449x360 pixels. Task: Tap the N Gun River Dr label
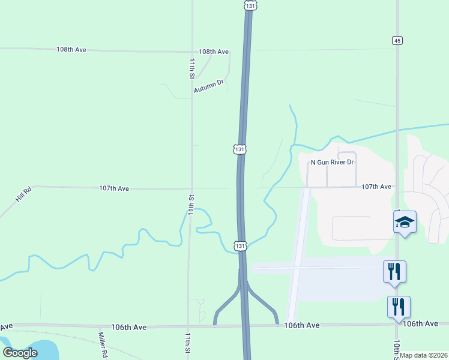(332, 163)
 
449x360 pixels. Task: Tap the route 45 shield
(397, 40)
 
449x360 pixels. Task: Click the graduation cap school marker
(405, 223)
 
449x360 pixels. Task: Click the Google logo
(20, 352)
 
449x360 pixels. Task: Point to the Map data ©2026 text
(424, 355)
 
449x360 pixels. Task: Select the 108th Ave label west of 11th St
(71, 49)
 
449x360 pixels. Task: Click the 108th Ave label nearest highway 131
(214, 52)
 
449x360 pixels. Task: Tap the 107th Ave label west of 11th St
(114, 188)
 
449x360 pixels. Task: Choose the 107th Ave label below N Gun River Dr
(376, 187)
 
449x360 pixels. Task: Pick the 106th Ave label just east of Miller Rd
(128, 327)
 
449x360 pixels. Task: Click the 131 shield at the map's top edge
(251, 5)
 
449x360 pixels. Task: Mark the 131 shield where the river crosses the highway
(240, 246)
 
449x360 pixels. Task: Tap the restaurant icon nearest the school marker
(394, 271)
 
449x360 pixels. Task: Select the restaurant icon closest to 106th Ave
(399, 307)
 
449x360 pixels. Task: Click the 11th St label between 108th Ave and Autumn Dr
(191, 68)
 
